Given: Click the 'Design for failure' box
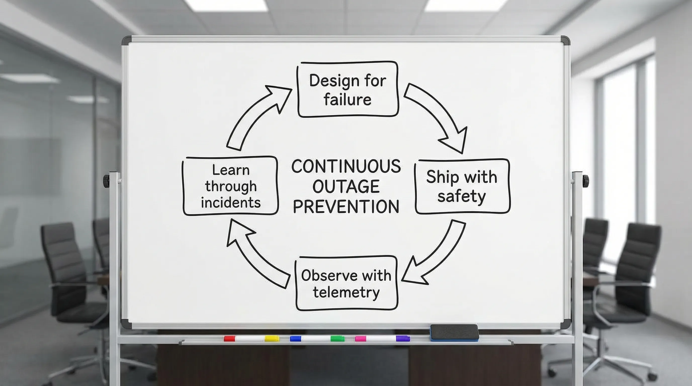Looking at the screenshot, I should coord(348,90).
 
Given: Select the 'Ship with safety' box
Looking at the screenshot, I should coord(462,186).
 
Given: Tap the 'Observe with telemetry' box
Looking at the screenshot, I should coord(346,283).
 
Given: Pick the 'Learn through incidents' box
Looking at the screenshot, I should coord(231,186).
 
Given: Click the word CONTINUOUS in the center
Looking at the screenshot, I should coord(346,166).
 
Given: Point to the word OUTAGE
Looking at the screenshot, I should coord(346,186).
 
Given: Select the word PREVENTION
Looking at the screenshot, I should coord(346,207).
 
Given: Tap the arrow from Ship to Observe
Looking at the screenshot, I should coord(438,255).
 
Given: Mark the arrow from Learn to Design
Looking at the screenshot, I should coord(255,115).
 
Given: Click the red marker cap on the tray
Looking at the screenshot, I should coord(229,339).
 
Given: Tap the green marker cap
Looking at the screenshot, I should coord(337,339).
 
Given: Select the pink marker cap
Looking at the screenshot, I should coord(361,339).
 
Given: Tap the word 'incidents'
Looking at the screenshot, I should coord(231,203).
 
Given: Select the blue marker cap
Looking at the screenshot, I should coord(295,339).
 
